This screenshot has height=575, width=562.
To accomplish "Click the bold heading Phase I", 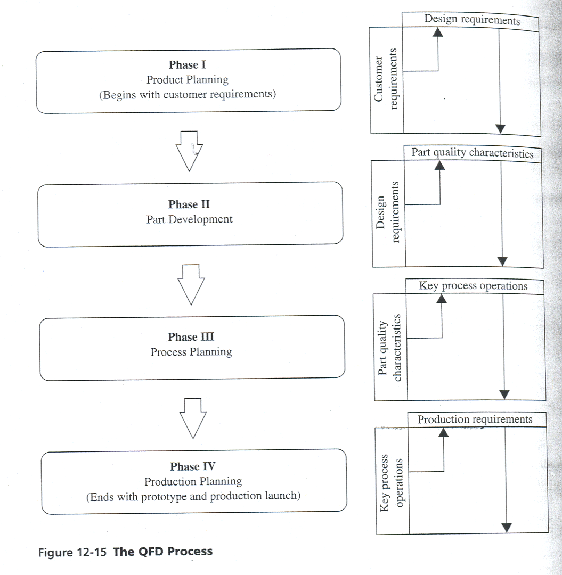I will click(188, 65).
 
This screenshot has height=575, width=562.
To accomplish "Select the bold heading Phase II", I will click(189, 205).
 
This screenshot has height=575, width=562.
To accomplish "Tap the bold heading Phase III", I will click(191, 337).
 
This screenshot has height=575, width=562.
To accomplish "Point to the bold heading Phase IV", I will click(193, 467).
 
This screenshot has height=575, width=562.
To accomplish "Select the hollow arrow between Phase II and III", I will click(190, 284).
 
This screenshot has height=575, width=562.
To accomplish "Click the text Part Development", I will click(189, 219).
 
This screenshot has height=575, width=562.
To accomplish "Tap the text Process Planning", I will click(191, 352).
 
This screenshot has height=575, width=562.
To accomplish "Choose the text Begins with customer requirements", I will click(188, 95).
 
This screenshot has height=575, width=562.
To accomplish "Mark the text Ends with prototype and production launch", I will click(193, 497).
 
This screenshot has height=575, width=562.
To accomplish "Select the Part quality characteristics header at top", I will click(472, 153).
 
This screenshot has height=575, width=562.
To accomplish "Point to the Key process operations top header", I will click(473, 286).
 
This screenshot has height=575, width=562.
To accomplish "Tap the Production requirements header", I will click(475, 420).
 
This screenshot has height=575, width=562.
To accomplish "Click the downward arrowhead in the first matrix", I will click(500, 128).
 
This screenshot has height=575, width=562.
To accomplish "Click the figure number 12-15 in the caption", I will click(91, 552).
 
